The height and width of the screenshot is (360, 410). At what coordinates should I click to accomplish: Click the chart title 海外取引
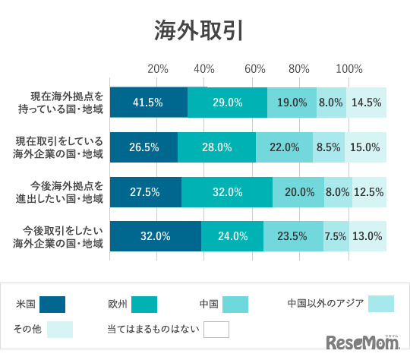click(200, 30)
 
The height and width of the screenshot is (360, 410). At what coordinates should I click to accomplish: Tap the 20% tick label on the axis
click(158, 69)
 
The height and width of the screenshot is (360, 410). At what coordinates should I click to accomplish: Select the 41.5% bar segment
click(149, 103)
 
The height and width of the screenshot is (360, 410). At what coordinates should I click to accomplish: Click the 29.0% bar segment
click(227, 103)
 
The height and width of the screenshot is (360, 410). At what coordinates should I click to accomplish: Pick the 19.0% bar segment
click(292, 103)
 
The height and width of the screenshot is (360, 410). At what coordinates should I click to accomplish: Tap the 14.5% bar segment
click(367, 103)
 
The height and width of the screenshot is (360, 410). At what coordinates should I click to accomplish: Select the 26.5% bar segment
click(143, 147)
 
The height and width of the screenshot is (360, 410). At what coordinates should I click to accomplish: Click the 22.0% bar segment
click(284, 147)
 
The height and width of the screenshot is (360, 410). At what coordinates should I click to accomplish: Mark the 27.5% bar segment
click(146, 192)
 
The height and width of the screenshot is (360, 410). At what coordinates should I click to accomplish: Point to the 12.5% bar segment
click(369, 192)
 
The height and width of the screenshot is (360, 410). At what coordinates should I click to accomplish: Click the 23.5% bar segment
click(293, 236)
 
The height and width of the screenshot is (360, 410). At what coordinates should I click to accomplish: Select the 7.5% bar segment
click(336, 236)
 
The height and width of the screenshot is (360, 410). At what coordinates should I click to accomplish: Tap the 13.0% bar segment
click(367, 236)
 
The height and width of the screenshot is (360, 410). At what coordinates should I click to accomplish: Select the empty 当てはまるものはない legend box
click(216, 330)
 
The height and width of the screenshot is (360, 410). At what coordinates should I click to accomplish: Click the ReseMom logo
click(364, 344)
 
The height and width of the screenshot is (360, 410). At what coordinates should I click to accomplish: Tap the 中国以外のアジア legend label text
click(326, 304)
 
